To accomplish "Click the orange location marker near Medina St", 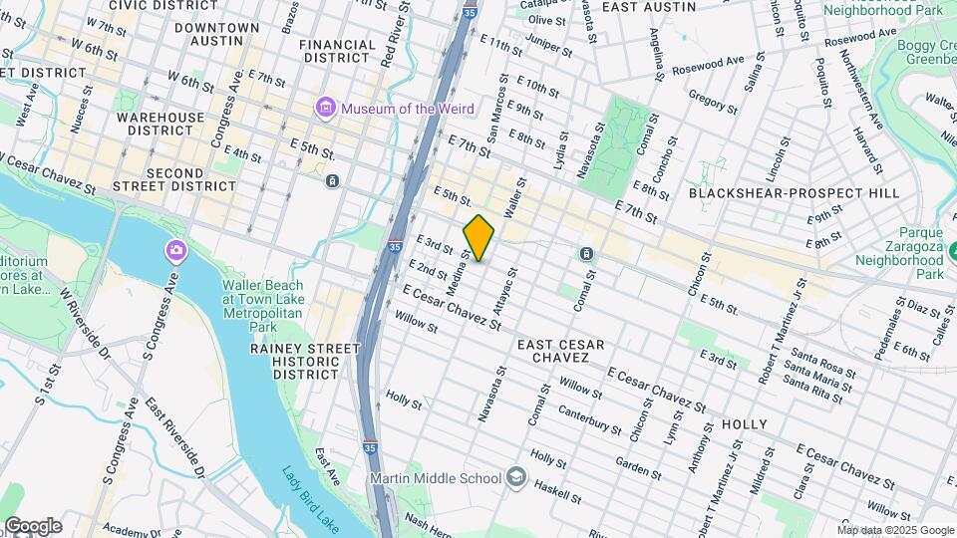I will [x=478, y=237].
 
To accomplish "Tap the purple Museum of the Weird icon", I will [x=324, y=107].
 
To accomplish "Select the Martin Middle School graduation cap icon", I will [x=515, y=478].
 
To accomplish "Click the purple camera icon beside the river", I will [x=175, y=249].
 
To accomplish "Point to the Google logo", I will [x=32, y=525].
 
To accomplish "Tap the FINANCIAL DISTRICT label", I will [x=337, y=52].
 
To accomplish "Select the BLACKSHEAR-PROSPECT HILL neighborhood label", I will [x=794, y=192].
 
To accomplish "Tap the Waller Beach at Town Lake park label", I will [x=263, y=298].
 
